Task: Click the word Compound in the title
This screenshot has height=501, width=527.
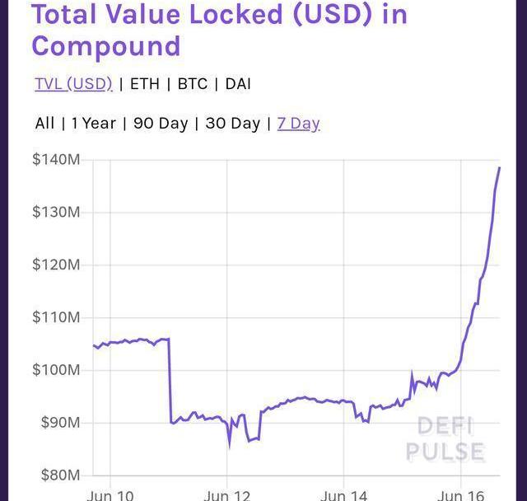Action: pyautogui.click(x=105, y=45)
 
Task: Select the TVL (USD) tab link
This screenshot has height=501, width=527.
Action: pyautogui.click(x=73, y=84)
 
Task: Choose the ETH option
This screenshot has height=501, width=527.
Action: pyautogui.click(x=145, y=84)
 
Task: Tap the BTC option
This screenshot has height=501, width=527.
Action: pyautogui.click(x=193, y=84)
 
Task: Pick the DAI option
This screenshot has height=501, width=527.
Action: pyautogui.click(x=238, y=84)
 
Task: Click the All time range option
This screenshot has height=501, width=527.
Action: pyautogui.click(x=44, y=124)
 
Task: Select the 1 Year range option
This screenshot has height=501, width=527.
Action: pyautogui.click(x=93, y=124)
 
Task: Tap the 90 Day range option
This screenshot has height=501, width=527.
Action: pyautogui.click(x=161, y=124)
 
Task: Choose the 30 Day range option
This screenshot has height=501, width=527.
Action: pyautogui.click(x=232, y=124)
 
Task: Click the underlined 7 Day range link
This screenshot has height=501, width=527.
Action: pyautogui.click(x=298, y=124)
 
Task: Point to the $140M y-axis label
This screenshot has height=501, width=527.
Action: pyautogui.click(x=56, y=160)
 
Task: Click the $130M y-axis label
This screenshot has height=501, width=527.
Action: pyautogui.click(x=56, y=213)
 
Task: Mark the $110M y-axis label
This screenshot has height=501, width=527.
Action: pyautogui.click(x=56, y=317)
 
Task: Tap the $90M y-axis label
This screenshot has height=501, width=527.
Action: pyautogui.click(x=58, y=423)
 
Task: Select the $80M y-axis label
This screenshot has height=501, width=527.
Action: pyautogui.click(x=58, y=475)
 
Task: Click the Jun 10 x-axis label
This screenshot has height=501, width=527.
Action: pyautogui.click(x=110, y=495)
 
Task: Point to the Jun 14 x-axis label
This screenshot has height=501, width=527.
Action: pyautogui.click(x=344, y=495)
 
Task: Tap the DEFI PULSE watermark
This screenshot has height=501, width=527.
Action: pyautogui.click(x=445, y=439)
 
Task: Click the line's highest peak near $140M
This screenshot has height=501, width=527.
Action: pyautogui.click(x=499, y=168)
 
